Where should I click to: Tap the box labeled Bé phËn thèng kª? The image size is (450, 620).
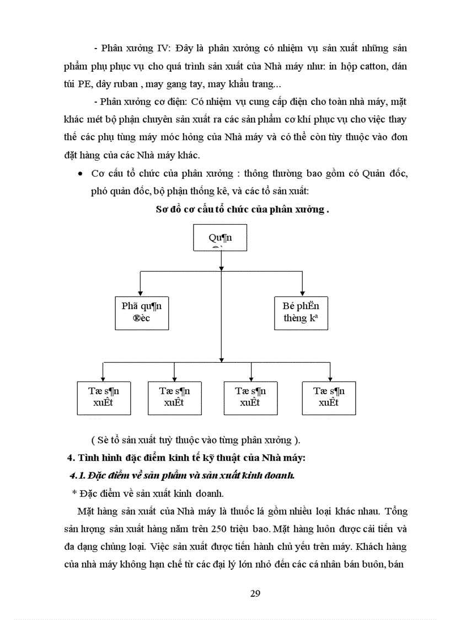click(301, 312)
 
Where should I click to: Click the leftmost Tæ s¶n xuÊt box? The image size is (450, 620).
click(104, 397)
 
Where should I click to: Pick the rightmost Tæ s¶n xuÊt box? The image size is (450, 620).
click(329, 397)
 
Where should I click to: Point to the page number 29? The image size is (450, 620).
click(255, 593)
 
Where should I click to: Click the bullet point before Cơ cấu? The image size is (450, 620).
click(81, 174)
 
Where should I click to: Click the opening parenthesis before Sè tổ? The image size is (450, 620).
click(93, 439)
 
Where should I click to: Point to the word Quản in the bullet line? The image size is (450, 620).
click(374, 174)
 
